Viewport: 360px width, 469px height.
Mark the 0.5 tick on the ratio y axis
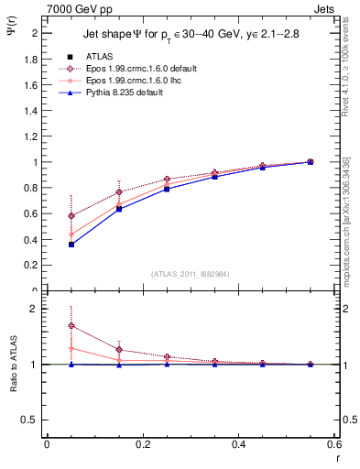31,420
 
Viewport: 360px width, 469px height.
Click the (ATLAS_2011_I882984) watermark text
190,274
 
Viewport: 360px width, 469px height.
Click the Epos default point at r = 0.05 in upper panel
46,215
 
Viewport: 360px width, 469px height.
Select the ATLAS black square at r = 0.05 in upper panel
46,245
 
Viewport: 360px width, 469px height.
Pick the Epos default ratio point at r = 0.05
46,325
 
